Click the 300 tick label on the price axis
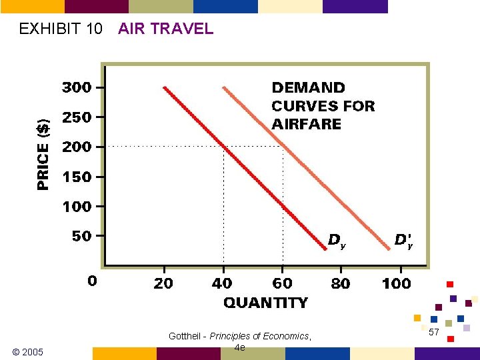(77, 87)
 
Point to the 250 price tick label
(77, 117)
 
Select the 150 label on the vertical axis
(77, 177)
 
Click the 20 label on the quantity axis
(163, 283)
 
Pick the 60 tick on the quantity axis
(282, 283)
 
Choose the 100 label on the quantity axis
(396, 283)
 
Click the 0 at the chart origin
(92, 281)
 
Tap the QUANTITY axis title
(265, 303)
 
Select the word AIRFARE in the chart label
(306, 124)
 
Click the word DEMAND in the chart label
(308, 88)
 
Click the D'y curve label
(403, 240)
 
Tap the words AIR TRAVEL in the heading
(165, 29)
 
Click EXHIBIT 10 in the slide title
(61, 29)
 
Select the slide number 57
(433, 332)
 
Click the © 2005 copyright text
(28, 351)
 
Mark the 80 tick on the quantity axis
(340, 283)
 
